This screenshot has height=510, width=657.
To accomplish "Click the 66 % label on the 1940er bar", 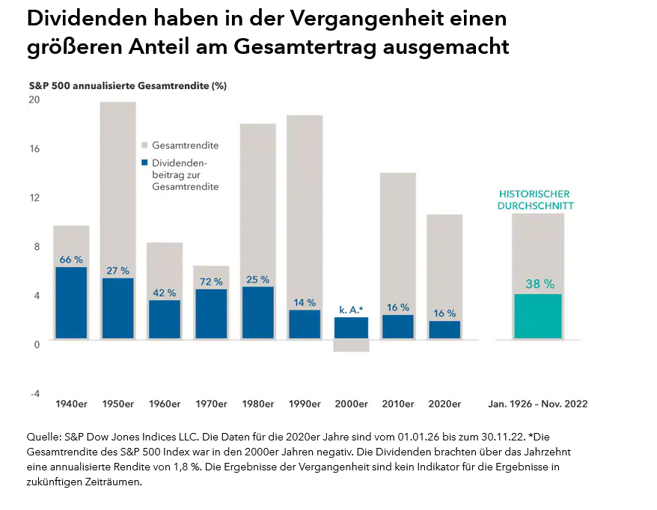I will (x=71, y=259).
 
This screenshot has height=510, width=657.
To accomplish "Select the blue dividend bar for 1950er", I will (x=117, y=308).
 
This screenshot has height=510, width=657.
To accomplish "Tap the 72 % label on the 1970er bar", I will (x=210, y=282).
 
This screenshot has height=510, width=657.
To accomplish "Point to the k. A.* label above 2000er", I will (x=351, y=309).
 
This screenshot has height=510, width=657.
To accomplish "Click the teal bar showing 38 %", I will (x=537, y=316).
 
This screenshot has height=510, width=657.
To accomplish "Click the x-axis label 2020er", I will (x=443, y=404).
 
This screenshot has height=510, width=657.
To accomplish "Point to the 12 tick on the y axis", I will (x=35, y=197).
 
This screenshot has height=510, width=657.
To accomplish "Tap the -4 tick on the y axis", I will (x=34, y=393).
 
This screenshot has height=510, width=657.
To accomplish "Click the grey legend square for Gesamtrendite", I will (x=144, y=146).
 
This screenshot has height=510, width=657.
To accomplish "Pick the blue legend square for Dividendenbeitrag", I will (x=144, y=162).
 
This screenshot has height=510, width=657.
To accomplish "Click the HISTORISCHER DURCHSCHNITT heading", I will (x=536, y=199).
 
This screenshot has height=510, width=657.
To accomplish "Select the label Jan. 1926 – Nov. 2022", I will (x=537, y=404).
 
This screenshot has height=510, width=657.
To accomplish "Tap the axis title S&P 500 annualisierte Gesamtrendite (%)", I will (x=128, y=85).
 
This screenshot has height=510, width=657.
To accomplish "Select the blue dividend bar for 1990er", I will (x=304, y=324).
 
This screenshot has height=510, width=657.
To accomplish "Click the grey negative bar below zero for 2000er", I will (x=351, y=345).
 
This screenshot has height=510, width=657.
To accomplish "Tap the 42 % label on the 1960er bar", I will (x=164, y=292).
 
